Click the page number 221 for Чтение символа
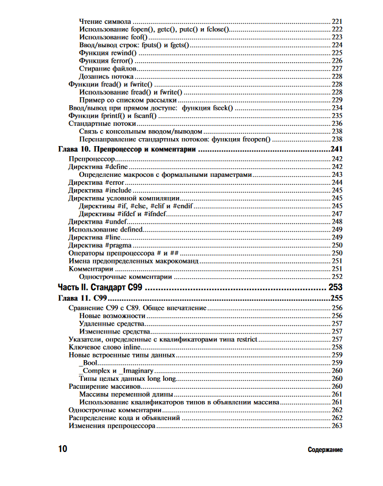pos(337,21)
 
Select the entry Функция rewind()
pos(107,53)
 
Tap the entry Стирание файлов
pos(107,69)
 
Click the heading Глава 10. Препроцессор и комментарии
pos(127,150)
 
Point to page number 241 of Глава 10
pos(336,150)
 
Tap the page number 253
pos(335,287)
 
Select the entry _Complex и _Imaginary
pos(116,370)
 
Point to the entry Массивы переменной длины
pos(126,394)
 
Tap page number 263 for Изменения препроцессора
pos(337,426)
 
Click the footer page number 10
pos(63,449)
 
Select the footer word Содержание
pos(325,450)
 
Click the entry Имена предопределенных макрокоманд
pos(133,261)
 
